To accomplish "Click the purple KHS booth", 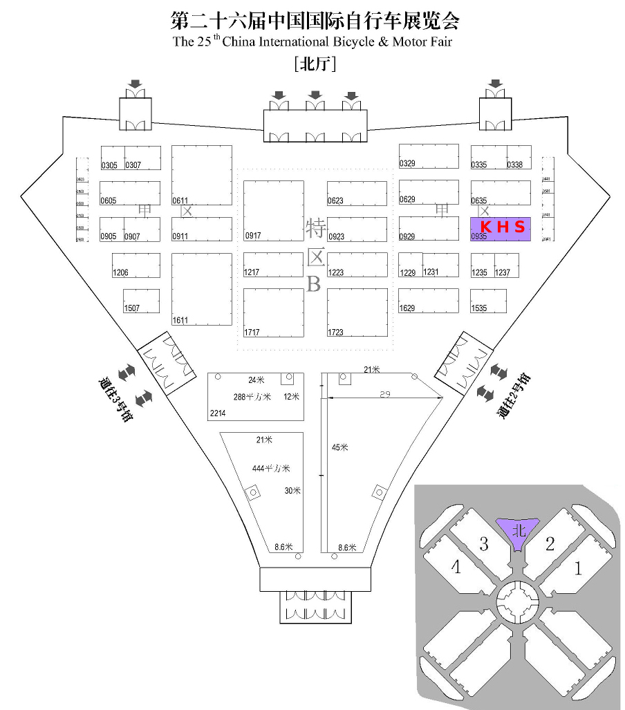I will coord(500,228).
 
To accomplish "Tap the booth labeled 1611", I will coord(201,289).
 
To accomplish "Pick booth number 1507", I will coord(141,301).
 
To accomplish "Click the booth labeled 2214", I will coord(256,396).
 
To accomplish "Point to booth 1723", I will coord(357,312).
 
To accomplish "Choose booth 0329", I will coord(429,156).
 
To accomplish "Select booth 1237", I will coord(506,265).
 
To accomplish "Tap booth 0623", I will coord(357,194).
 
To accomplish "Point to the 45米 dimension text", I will coord(339,447).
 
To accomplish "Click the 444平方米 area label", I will coord(270,469).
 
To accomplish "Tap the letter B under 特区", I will coord(314,284).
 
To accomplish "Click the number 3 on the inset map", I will coord(484,545).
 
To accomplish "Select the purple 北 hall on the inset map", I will coord(519,531).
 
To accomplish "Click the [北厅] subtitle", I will coord(315,64).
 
